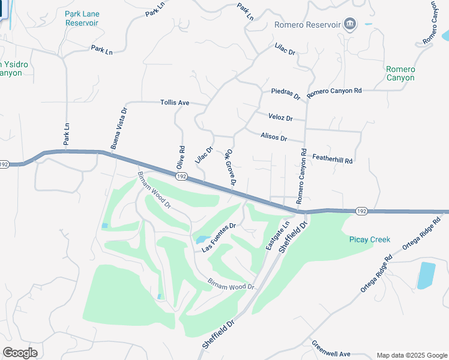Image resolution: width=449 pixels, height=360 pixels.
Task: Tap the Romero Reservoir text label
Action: click(x=307, y=25)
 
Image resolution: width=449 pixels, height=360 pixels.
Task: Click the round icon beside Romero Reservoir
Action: click(x=351, y=25)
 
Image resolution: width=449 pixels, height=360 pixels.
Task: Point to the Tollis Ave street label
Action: click(x=175, y=103)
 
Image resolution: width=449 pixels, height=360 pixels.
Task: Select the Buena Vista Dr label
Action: click(x=119, y=128)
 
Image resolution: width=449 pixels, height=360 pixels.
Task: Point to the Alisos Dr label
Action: click(x=274, y=137)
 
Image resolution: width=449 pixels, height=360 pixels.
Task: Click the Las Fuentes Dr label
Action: click(x=220, y=237)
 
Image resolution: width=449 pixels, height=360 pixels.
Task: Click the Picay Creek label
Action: click(x=370, y=239)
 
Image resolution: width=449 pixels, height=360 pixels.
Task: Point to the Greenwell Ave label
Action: click(x=331, y=349)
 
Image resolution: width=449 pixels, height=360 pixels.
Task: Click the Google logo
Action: click(x=20, y=352)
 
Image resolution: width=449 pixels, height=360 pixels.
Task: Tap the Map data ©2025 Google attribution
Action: click(x=411, y=355)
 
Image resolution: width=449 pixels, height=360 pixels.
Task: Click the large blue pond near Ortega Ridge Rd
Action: click(x=426, y=275)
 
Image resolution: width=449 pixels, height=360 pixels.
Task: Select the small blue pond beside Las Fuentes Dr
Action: click(x=200, y=239)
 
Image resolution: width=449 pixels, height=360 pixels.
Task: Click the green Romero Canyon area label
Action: click(x=400, y=73)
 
